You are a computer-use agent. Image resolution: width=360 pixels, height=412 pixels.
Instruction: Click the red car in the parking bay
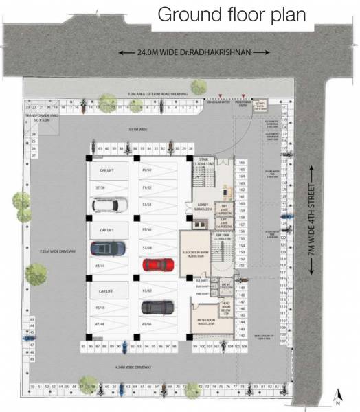point(157,264)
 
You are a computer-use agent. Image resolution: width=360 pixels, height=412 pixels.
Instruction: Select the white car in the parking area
point(106,205)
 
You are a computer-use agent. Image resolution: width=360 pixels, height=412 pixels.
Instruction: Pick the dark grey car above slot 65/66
point(157,307)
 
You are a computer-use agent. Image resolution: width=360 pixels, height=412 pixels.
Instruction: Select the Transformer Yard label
point(37,117)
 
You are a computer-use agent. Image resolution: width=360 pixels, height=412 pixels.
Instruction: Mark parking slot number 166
point(241,163)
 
